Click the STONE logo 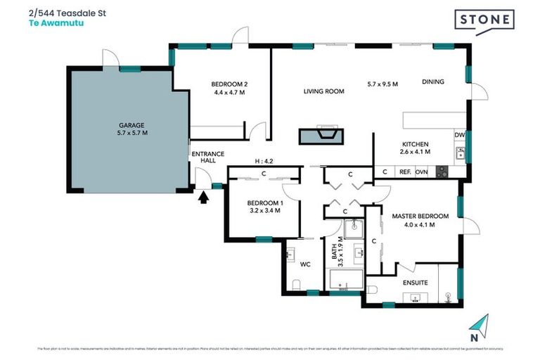[x=484, y=21]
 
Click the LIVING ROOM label [x=323, y=91]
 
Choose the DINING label [x=433, y=82]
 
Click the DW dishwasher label [x=459, y=135]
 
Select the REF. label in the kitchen [x=405, y=171]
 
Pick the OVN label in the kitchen [x=422, y=171]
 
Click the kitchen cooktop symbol [x=442, y=170]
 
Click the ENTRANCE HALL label [x=207, y=157]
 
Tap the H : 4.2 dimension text [x=263, y=161]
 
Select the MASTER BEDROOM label [x=420, y=216]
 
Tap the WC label [x=305, y=265]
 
